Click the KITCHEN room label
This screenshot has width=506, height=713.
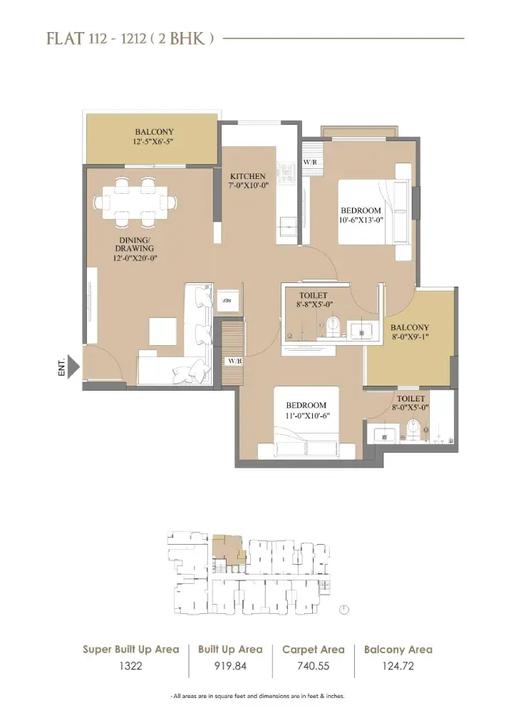click(248, 176)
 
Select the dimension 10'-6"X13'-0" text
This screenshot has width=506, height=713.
click(361, 220)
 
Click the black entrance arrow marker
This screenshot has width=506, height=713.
click(74, 367)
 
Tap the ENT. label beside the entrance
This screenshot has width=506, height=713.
click(61, 366)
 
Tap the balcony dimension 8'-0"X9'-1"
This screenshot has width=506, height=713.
click(410, 337)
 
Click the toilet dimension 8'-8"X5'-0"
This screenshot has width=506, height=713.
click(314, 304)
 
